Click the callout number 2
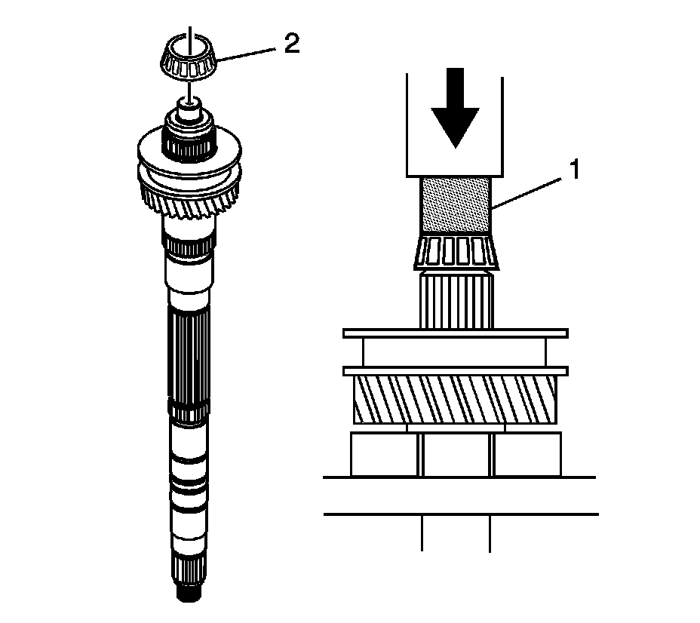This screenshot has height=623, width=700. tap(291, 44)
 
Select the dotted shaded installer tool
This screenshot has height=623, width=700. tap(455, 205)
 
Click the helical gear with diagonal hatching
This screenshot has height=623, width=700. tap(455, 400)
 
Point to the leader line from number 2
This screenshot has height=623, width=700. tap(245, 51)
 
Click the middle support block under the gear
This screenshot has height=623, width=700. tap(457, 455)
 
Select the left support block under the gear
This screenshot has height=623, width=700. tap(385, 455)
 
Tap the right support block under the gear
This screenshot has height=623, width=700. tap(527, 455)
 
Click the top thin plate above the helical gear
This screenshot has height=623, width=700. tap(455, 333)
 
